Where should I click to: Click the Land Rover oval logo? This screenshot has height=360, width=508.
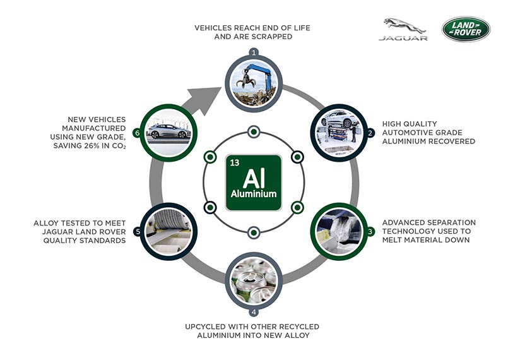[466, 29]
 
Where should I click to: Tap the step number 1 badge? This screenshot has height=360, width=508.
[254, 52]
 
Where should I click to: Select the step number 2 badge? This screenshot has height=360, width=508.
[370, 133]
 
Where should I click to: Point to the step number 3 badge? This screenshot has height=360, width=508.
[370, 231]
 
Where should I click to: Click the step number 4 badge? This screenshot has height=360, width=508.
[254, 312]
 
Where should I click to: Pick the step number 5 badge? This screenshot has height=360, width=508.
[138, 231]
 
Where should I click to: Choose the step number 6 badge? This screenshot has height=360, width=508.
[138, 133]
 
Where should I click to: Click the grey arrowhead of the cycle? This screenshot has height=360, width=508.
[204, 100]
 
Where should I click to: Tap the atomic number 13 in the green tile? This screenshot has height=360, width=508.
[235, 162]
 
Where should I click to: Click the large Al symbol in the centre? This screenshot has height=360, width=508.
[254, 178]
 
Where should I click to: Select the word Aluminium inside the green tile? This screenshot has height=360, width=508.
[254, 194]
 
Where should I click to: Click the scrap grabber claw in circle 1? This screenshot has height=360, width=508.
[246, 80]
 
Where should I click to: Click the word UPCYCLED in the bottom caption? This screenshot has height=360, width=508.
[205, 327]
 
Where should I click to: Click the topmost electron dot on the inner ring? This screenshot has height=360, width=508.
[254, 131]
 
